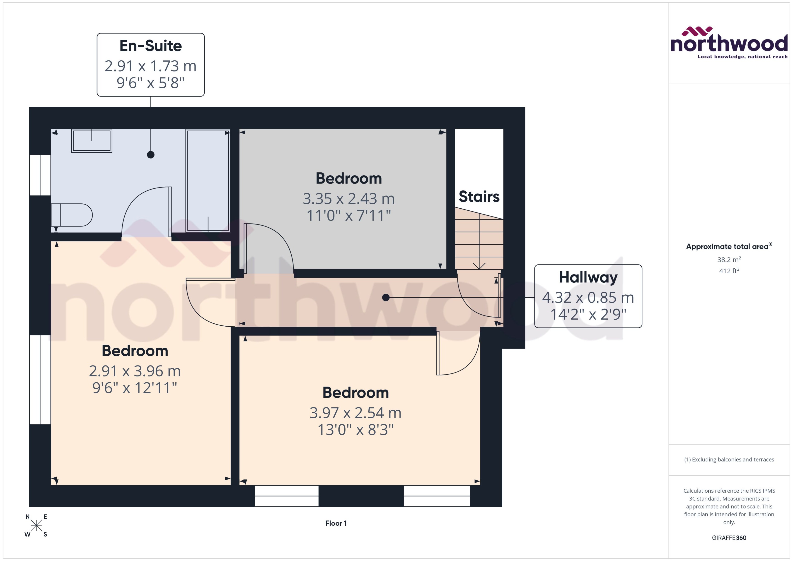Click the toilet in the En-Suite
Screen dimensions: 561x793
pyautogui.click(x=72, y=215)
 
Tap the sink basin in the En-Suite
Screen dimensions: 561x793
pyautogui.click(x=92, y=141)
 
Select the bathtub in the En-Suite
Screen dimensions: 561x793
pyautogui.click(x=208, y=180)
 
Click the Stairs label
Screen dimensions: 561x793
pyautogui.click(x=479, y=197)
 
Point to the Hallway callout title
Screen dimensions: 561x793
pyautogui.click(x=588, y=277)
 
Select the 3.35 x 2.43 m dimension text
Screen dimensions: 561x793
pyautogui.click(x=349, y=199)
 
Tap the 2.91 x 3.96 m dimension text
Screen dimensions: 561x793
pyautogui.click(x=135, y=371)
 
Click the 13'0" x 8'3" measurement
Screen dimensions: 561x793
pyautogui.click(x=355, y=430)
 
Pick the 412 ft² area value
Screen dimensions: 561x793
pyautogui.click(x=729, y=271)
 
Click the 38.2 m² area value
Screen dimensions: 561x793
pyautogui.click(x=729, y=259)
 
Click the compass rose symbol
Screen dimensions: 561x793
pyautogui.click(x=36, y=525)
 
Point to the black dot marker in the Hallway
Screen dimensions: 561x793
pyautogui.click(x=386, y=297)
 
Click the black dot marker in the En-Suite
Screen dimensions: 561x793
pyautogui.click(x=151, y=155)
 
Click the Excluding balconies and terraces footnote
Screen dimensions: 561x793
pyautogui.click(x=729, y=460)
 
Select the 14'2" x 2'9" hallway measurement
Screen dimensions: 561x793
pyautogui.click(x=588, y=315)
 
